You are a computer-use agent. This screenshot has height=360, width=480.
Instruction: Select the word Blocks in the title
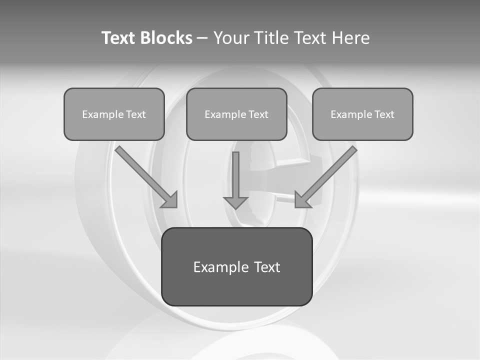165,38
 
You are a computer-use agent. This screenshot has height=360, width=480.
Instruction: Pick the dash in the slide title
202,38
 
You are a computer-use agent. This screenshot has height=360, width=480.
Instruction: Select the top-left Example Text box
114,114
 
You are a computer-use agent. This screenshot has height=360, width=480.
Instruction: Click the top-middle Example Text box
236,114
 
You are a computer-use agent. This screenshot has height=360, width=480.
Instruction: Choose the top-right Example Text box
362,114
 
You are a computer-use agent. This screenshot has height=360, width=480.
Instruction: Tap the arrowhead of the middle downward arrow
236,202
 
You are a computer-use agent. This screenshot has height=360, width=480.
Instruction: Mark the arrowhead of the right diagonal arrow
302,200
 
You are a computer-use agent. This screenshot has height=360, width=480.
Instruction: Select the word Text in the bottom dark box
266,267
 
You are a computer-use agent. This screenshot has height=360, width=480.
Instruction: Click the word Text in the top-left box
136,114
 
